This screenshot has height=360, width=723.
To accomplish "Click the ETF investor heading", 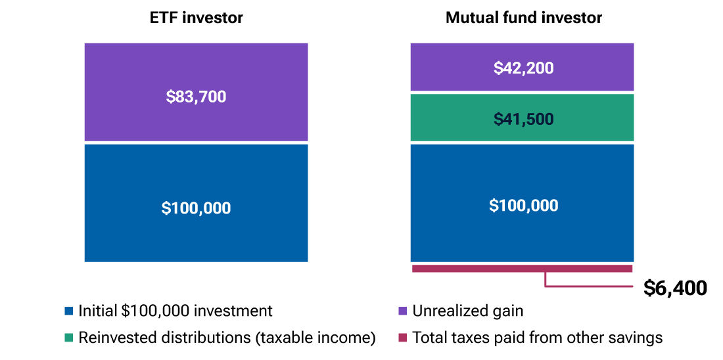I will click(x=196, y=18).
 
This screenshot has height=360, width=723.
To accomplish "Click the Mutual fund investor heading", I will click(x=523, y=18).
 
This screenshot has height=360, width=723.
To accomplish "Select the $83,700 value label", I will click(x=196, y=97).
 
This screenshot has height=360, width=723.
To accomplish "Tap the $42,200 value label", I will click(x=523, y=68).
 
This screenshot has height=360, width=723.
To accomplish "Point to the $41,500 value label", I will click(x=523, y=119).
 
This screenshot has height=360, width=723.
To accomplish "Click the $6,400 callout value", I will click(x=675, y=288).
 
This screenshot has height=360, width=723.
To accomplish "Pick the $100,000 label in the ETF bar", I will click(x=196, y=208).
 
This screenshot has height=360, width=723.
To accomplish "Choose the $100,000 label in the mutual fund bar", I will click(x=523, y=206).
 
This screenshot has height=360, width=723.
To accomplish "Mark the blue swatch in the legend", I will click(x=69, y=311).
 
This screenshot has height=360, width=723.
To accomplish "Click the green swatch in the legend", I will click(x=69, y=338).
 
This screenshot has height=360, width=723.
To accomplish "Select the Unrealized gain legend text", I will click(x=467, y=311).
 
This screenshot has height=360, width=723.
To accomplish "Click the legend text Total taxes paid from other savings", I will click(x=537, y=338).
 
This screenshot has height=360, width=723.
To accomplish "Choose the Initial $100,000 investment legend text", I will click(x=175, y=311).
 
